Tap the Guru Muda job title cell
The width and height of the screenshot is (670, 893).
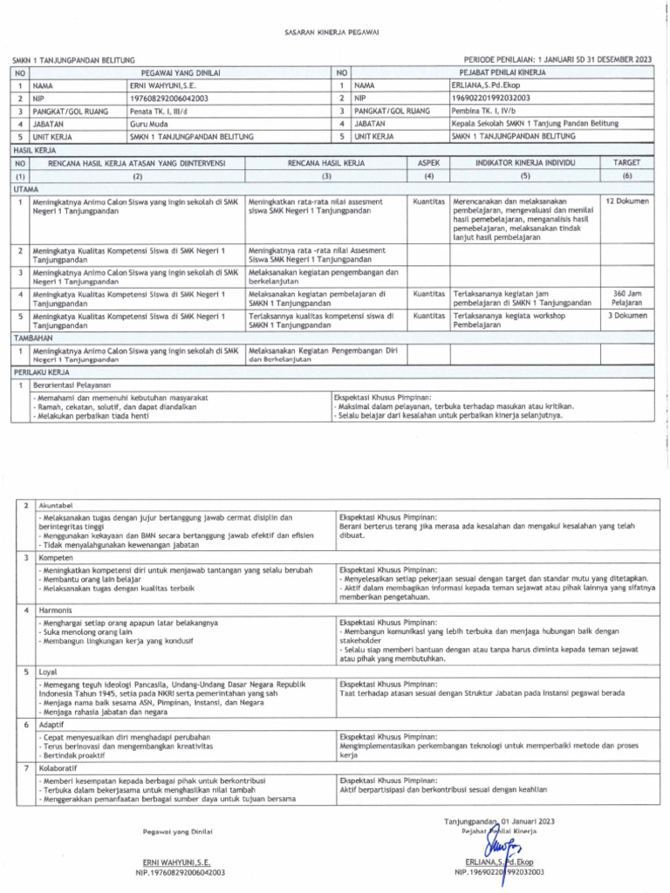[x=149, y=125]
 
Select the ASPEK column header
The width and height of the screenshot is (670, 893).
[x=428, y=163]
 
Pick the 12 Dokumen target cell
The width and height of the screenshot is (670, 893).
[x=626, y=201]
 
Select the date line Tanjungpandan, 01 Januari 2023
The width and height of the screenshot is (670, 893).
[x=499, y=821]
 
